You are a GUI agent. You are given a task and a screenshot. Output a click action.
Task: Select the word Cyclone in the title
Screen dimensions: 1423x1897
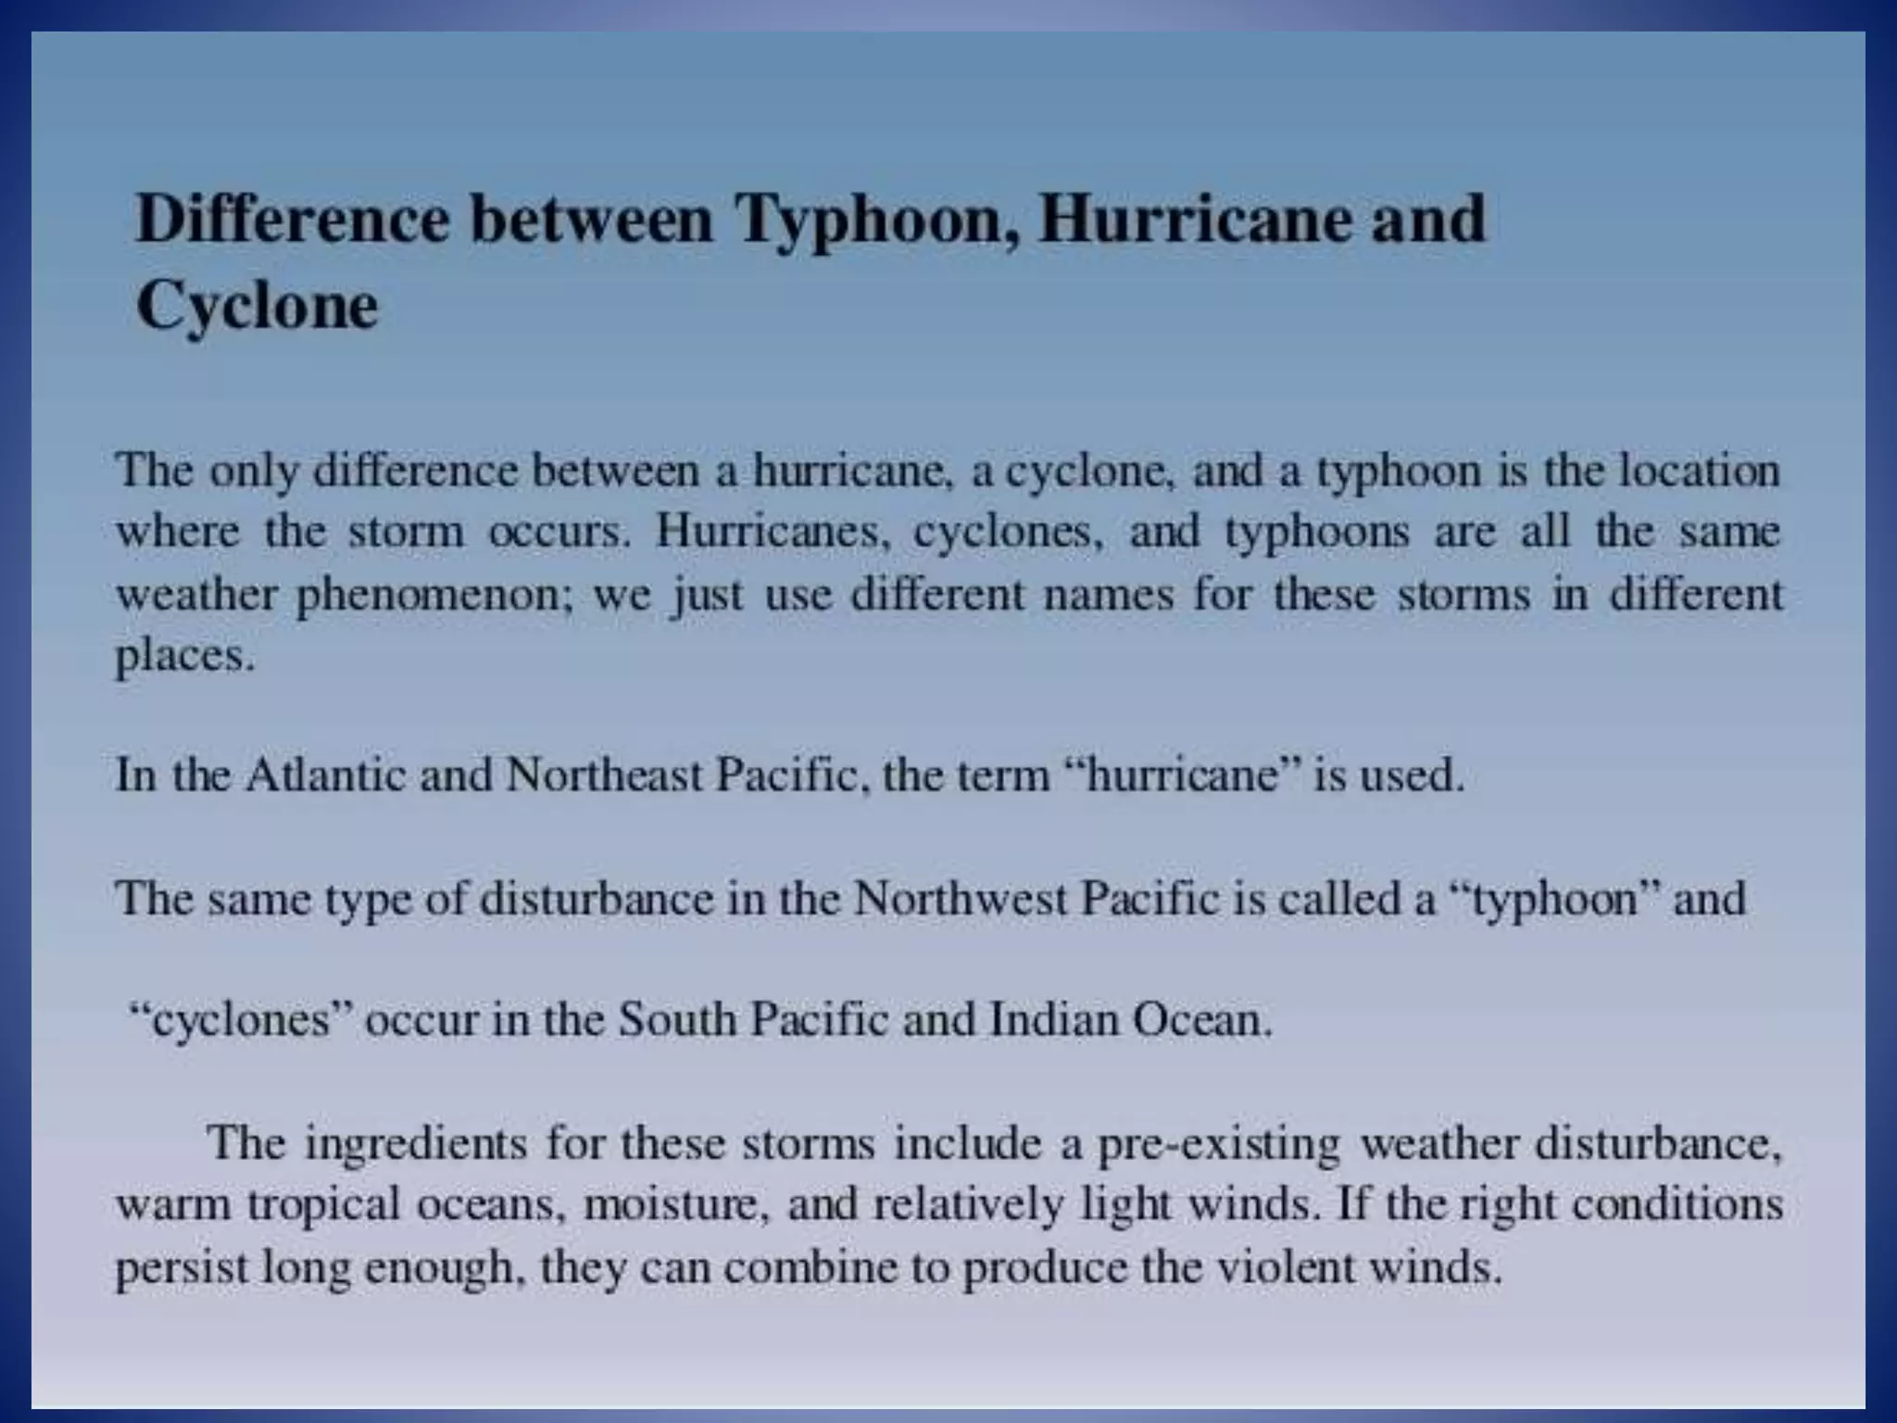pyautogui.click(x=258, y=306)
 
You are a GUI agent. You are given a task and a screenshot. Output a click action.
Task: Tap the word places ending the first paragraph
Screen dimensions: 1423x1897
pyautogui.click(x=183, y=657)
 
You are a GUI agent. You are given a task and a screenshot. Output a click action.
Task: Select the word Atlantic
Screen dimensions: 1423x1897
pyautogui.click(x=325, y=774)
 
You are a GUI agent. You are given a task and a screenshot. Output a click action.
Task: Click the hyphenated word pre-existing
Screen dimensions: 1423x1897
pyautogui.click(x=1219, y=1144)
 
